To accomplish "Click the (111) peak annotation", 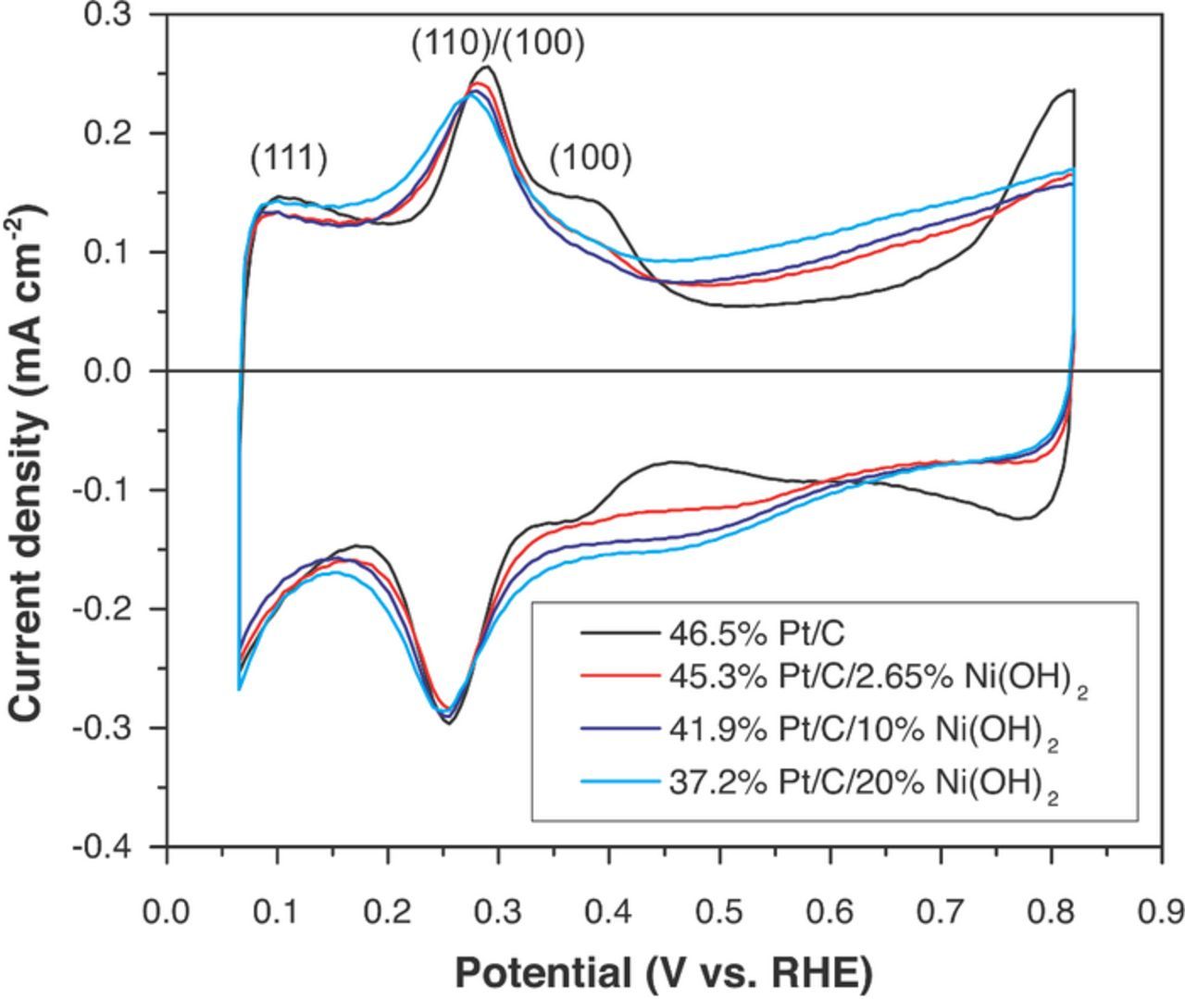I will point(289,159).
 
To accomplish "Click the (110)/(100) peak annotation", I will point(498,44).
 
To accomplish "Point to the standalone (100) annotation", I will point(591,159).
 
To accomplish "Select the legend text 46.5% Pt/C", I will point(756,634).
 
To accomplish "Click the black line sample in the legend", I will point(619,634).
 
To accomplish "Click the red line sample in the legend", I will point(619,677).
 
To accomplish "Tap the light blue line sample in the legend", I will point(619,782).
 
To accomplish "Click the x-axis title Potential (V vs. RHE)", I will point(664,973).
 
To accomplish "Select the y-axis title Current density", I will point(28,463).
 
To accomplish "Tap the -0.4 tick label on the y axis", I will point(106,846).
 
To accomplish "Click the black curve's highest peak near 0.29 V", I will point(487,67).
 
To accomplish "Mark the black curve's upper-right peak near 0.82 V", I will point(1070,90).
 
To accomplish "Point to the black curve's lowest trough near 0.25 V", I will point(449,723).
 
